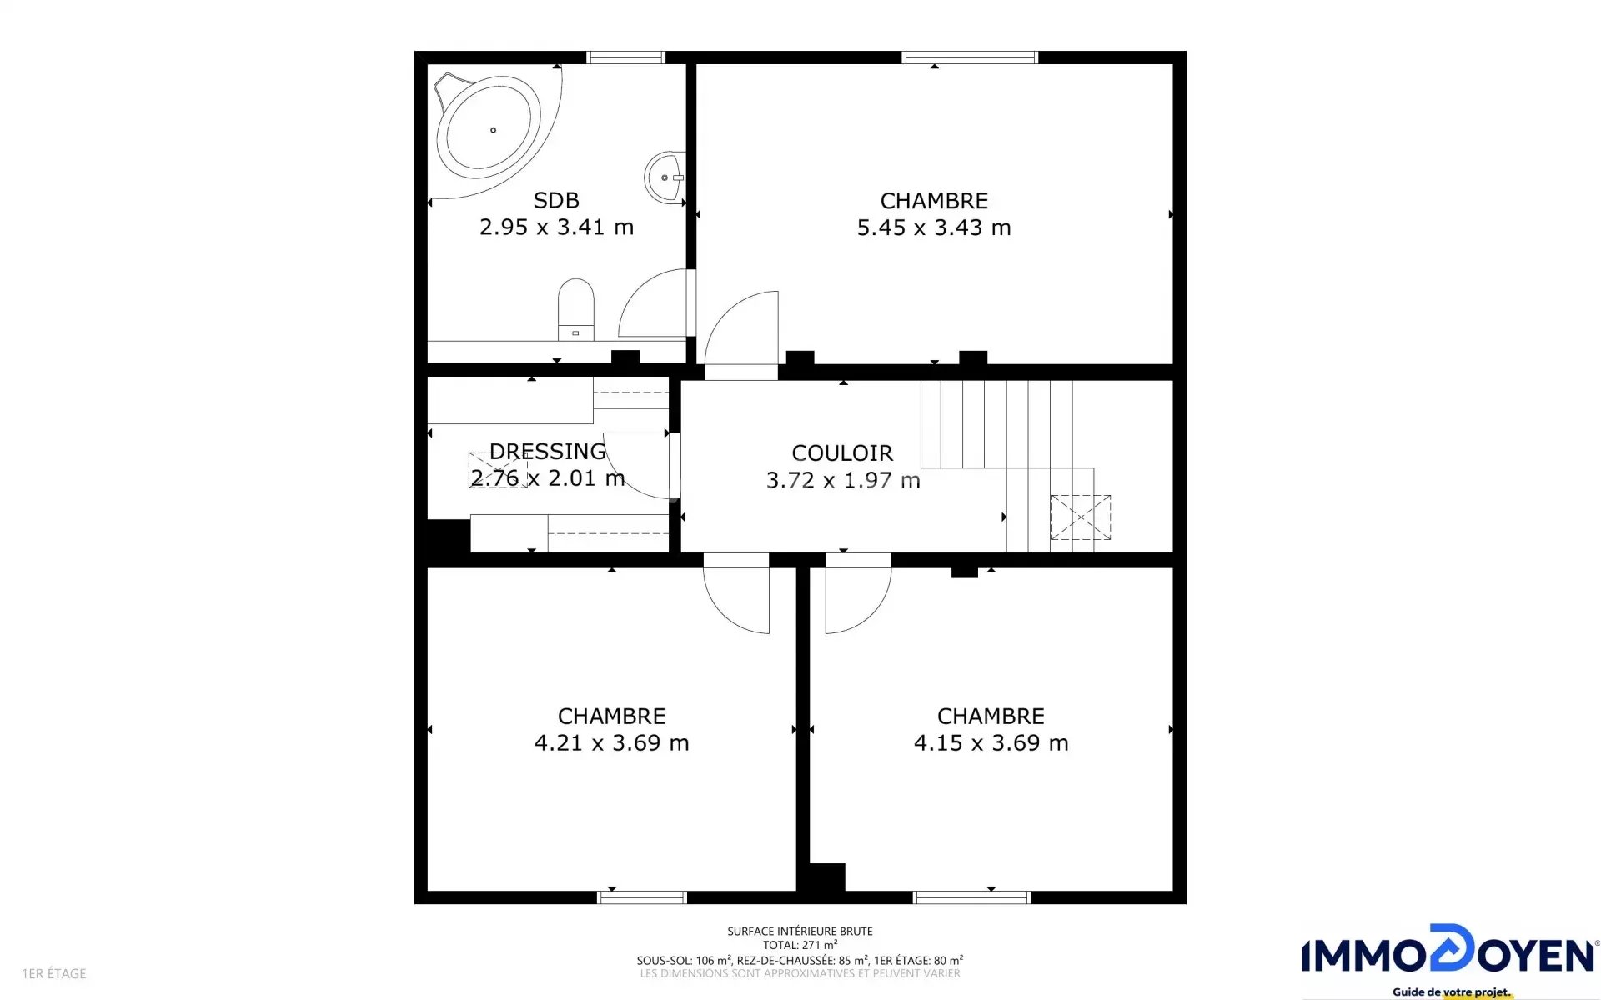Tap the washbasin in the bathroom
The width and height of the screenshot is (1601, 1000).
point(666,177)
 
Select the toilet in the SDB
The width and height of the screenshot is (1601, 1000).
point(575,309)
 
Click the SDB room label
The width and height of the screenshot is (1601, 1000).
point(556,201)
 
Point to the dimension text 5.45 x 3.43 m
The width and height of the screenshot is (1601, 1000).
point(934,227)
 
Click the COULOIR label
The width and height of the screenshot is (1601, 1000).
point(842,453)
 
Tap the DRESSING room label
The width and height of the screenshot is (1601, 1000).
point(547,452)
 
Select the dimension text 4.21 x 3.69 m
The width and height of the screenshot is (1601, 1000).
point(611,743)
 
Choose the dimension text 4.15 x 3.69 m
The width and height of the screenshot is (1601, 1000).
point(991,743)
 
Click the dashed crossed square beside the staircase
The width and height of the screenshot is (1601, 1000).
point(1081,517)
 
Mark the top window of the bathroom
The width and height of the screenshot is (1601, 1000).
point(625,57)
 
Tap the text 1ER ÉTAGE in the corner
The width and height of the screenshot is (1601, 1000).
point(54,973)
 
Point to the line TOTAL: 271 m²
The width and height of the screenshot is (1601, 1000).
point(800,945)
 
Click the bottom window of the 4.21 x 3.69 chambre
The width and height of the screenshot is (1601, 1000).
point(642,897)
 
